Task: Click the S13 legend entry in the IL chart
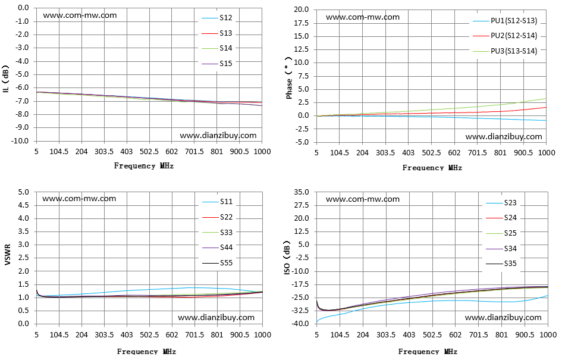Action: point(217,33)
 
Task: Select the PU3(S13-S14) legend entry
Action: point(505,51)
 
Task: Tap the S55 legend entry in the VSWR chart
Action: point(218,263)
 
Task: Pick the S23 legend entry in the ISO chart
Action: point(501,203)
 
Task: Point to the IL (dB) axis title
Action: point(5,79)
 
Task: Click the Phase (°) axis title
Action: point(289,78)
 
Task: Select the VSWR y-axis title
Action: point(8,255)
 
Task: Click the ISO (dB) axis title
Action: point(287,258)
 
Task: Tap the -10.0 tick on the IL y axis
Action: point(20,141)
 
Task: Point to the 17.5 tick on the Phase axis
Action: point(302,23)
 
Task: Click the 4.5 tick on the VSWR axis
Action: point(24,205)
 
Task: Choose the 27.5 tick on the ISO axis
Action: point(302,205)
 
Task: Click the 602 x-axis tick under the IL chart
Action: point(172,152)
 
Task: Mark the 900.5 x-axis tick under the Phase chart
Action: point(523,153)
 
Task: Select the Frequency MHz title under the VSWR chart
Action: point(146,352)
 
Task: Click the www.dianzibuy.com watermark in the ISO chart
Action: point(503,317)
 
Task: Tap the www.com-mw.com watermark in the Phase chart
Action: point(363,17)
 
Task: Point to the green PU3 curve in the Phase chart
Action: point(432,109)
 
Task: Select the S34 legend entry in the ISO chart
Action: point(501,249)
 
